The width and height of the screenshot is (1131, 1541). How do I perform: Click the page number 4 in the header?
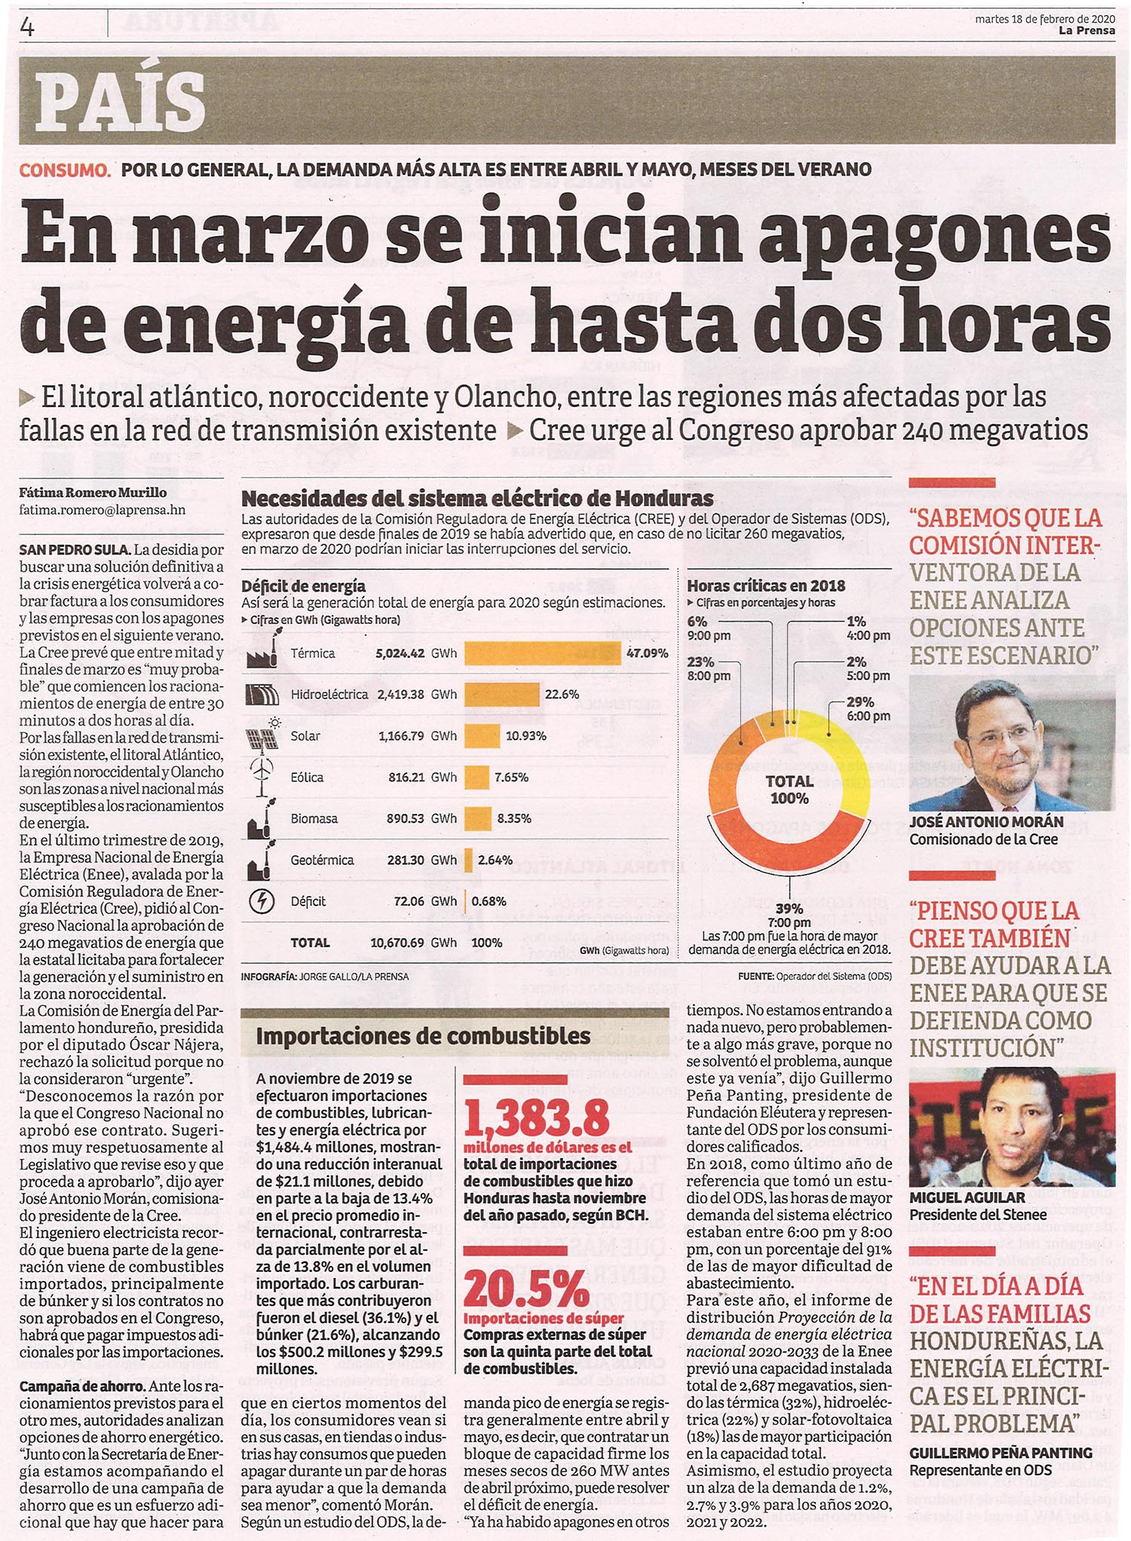(28, 28)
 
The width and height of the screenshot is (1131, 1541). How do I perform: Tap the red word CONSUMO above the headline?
(65, 170)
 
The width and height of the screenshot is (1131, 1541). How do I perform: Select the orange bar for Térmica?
(542, 653)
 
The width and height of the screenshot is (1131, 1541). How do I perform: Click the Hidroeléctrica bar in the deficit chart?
(502, 694)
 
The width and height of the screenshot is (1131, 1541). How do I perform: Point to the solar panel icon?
(262, 736)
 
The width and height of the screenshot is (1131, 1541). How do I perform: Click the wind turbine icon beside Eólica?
(262, 776)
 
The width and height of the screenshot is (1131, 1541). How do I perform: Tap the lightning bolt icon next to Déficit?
(262, 901)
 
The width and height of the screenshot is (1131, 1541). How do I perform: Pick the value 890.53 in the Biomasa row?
(405, 818)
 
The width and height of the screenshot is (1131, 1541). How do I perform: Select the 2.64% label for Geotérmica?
(495, 860)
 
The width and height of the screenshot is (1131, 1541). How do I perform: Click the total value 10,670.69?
(397, 943)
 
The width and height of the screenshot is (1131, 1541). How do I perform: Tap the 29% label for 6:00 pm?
(860, 702)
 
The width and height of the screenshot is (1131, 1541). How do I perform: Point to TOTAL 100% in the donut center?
(789, 790)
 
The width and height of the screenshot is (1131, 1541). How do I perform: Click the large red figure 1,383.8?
(537, 1118)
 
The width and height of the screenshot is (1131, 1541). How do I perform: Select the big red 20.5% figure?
(526, 1290)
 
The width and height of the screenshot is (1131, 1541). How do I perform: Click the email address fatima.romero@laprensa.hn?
(103, 510)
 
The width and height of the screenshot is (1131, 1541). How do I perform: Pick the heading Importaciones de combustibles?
(423, 1036)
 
